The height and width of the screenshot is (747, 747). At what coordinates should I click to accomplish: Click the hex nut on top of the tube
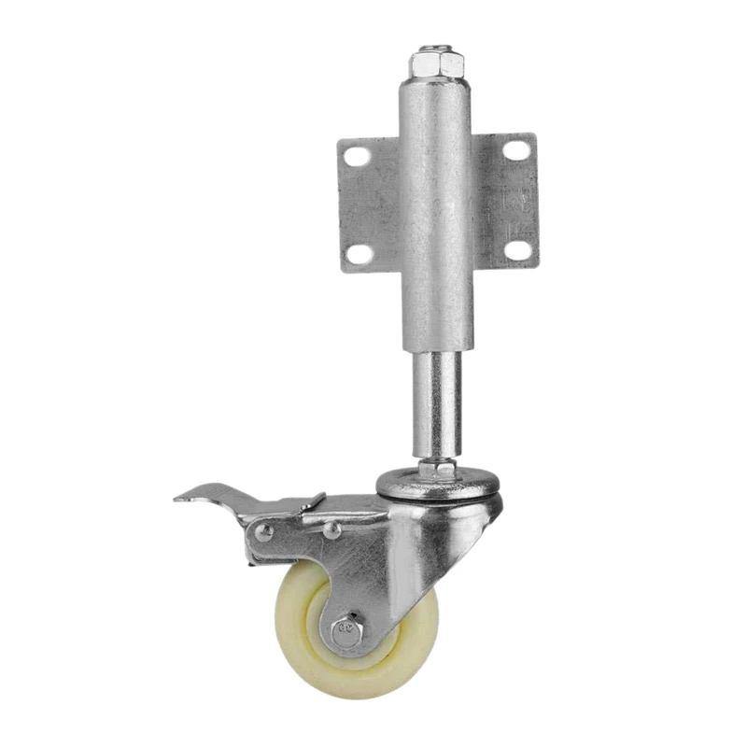436,63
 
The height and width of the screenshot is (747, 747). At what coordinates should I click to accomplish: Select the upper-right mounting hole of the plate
516,148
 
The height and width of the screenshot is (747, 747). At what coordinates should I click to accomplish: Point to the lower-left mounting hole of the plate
359,252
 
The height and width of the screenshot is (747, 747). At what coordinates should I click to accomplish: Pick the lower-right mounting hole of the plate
518,248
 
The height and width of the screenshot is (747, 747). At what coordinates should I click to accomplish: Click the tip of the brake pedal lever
180,497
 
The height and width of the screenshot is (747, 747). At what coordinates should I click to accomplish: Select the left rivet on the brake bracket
266,532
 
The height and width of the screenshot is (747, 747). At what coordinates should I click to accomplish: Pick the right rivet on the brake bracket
331,530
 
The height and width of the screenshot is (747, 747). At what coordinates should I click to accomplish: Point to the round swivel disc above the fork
437,486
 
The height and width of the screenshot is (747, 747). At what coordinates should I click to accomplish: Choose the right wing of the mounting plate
505,201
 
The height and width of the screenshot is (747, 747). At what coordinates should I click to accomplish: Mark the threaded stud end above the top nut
435,47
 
